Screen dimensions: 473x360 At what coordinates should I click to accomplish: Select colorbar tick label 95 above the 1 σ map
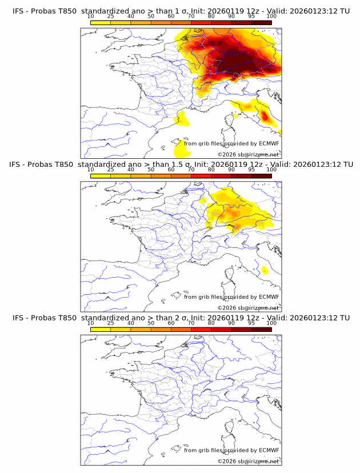click(x=251, y=17)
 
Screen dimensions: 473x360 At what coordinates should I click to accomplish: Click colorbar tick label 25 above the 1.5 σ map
click(x=110, y=170)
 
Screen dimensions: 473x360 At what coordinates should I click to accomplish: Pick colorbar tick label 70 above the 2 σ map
click(x=191, y=323)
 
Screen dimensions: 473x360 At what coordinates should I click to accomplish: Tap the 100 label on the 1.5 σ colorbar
click(x=271, y=170)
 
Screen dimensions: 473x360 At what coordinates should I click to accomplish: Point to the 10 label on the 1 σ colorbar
click(x=90, y=17)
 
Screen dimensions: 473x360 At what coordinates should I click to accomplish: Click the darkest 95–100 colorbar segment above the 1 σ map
click(x=261, y=22)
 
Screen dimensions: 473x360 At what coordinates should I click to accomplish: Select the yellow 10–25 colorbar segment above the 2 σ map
click(x=100, y=329)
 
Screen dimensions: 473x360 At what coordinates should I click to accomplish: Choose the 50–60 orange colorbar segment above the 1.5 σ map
click(x=161, y=176)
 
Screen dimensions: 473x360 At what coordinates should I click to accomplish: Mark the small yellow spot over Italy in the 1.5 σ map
click(x=264, y=270)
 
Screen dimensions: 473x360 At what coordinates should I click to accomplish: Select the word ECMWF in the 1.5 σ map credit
click(x=269, y=297)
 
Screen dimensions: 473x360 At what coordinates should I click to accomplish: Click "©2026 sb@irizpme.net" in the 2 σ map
click(x=249, y=461)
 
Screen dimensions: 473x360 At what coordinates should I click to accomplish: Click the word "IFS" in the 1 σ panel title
click(x=18, y=11)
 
